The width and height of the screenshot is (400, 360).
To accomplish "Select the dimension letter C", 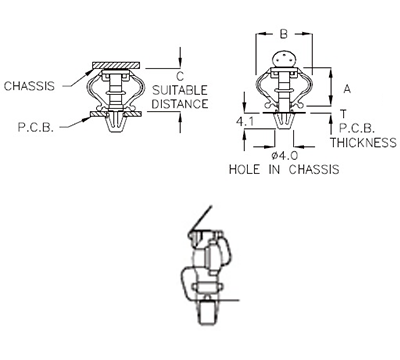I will pos(179,76).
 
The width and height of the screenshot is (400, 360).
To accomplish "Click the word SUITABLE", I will pos(180,89).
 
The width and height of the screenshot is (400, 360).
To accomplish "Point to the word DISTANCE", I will pos(181,103).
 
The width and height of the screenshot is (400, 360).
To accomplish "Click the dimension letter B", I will pos(283,34).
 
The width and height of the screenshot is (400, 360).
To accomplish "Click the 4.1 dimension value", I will pos(242,121).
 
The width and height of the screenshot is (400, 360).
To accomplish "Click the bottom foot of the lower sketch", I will pos(205,318).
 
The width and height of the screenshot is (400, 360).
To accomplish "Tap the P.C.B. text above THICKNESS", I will pos(356,128).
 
